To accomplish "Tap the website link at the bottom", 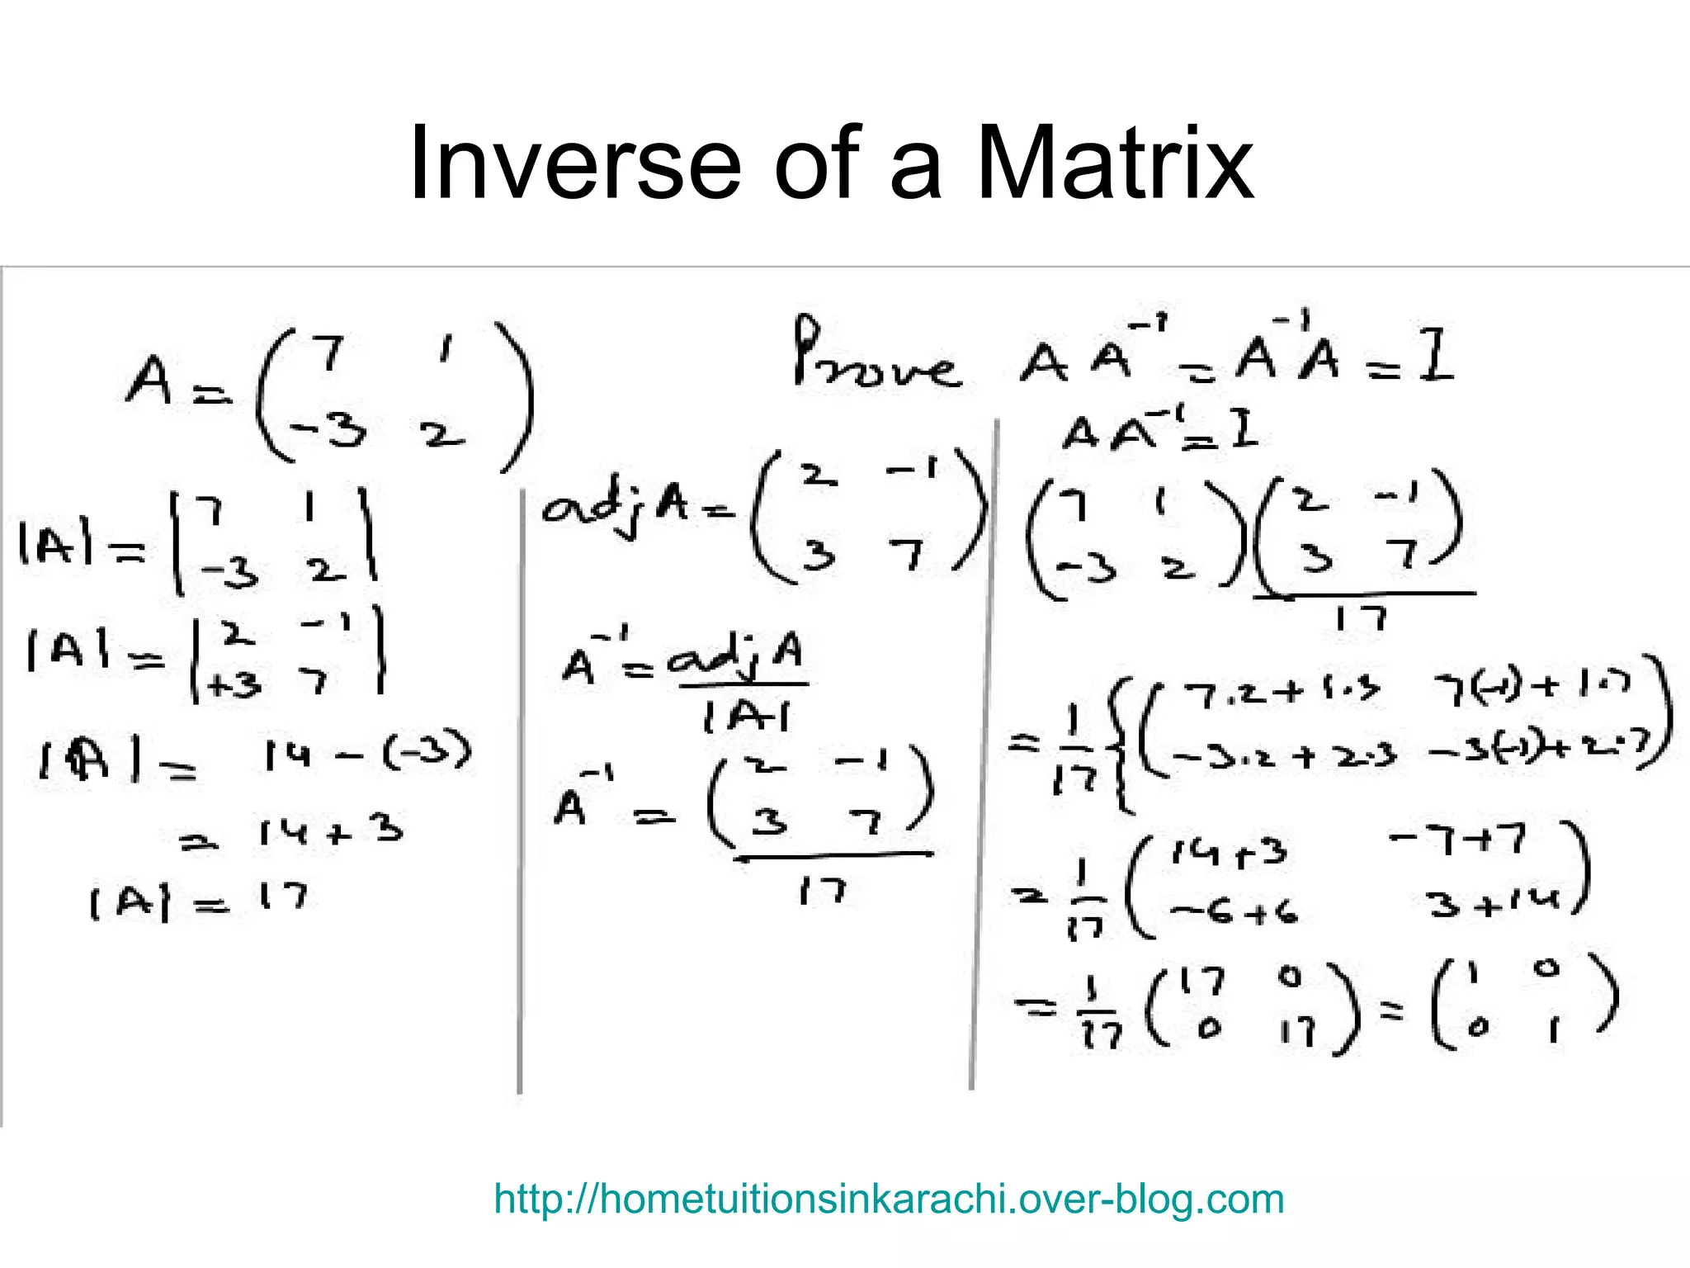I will pyautogui.click(x=889, y=1199).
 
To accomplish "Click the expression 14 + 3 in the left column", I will pyautogui.click(x=330, y=831).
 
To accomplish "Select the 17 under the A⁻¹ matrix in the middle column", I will pyautogui.click(x=822, y=891).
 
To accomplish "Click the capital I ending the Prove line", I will pyautogui.click(x=1436, y=359).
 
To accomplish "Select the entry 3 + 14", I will pyautogui.click(x=1494, y=905).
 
